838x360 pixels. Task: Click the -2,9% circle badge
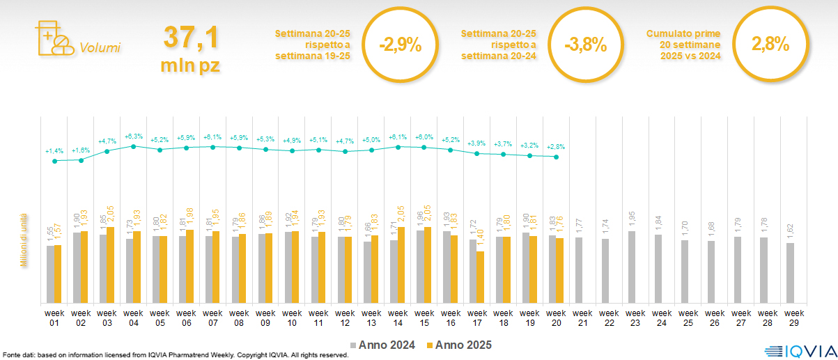(x=400, y=46)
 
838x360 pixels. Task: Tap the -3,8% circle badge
(x=586, y=46)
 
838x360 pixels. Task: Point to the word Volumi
(x=100, y=48)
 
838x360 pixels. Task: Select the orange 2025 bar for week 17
(x=480, y=277)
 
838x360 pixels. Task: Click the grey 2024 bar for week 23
(x=631, y=267)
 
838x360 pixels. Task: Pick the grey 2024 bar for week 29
(x=789, y=273)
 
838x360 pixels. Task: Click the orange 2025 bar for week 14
(x=401, y=265)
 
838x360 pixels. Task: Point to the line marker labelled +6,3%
(x=133, y=146)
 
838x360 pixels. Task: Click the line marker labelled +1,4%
(x=54, y=161)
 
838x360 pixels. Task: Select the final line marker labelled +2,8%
(x=555, y=157)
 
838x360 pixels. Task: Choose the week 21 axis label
(x=582, y=318)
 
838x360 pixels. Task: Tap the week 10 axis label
(x=292, y=318)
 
